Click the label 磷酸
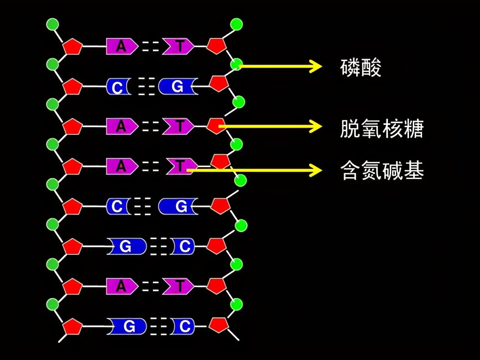click(x=360, y=68)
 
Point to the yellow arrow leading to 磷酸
click(x=278, y=66)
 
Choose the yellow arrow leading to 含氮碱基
click(x=254, y=170)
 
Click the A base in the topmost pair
click(x=121, y=47)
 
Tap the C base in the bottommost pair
click(x=183, y=327)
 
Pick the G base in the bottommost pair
click(x=128, y=327)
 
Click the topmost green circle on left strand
click(x=53, y=24)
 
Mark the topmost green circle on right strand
click(x=236, y=24)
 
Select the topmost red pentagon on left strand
click(x=72, y=47)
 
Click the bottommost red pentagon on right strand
click(x=218, y=324)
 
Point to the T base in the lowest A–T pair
click(x=179, y=287)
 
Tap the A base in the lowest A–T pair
click(x=121, y=287)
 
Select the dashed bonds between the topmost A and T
click(x=150, y=47)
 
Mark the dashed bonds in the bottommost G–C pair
click(x=158, y=327)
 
